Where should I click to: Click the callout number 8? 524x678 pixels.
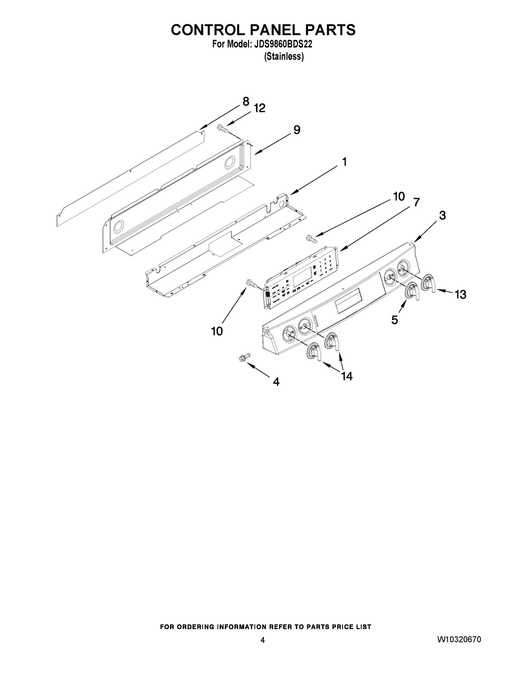pos(245,101)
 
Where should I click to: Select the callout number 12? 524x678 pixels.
pos(260,108)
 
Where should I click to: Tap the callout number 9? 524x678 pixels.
pos(297,130)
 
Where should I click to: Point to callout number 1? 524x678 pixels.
pos(344,162)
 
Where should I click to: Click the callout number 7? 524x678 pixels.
pos(416,202)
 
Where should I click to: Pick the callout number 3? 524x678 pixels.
pos(442,216)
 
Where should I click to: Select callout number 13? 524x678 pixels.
pos(460,295)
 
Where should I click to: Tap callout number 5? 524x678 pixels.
pos(395,320)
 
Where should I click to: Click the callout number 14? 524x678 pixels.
pos(347,376)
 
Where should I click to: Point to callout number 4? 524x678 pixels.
pos(276,382)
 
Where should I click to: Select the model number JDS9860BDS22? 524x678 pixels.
pos(283,44)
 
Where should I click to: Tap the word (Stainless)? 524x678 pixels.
pos(284,56)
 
